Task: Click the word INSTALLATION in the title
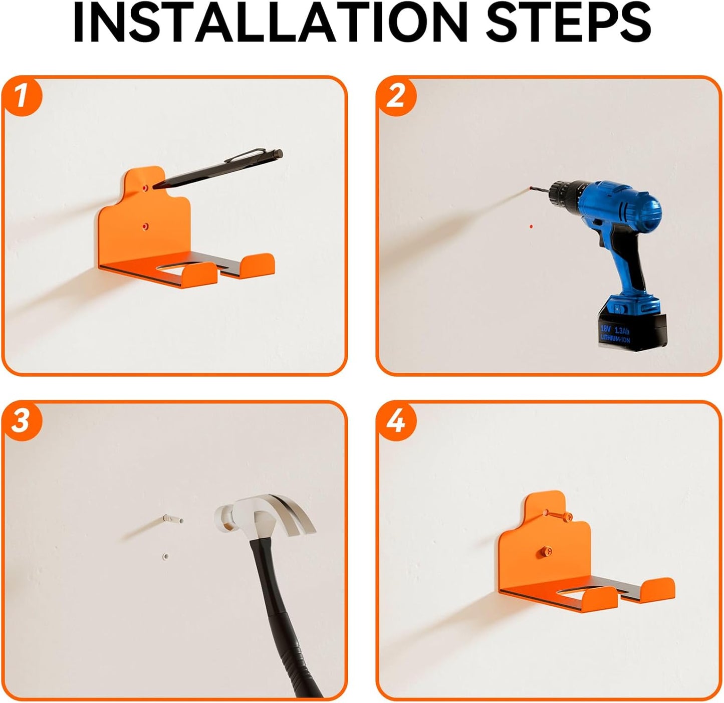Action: pyautogui.click(x=273, y=24)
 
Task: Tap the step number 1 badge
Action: pyautogui.click(x=21, y=95)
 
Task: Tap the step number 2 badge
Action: pyautogui.click(x=396, y=95)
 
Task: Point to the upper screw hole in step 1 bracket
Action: pyautogui.click(x=145, y=187)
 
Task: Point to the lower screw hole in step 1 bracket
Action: pyautogui.click(x=145, y=226)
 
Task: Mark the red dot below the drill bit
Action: pyautogui.click(x=531, y=226)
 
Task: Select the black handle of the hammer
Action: pyautogui.click(x=286, y=621)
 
